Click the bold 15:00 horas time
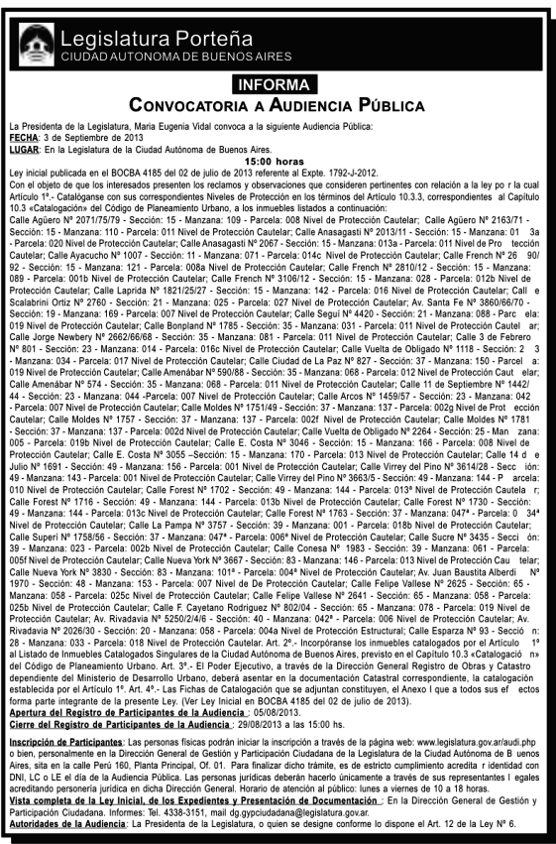278,158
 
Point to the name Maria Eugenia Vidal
165,126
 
